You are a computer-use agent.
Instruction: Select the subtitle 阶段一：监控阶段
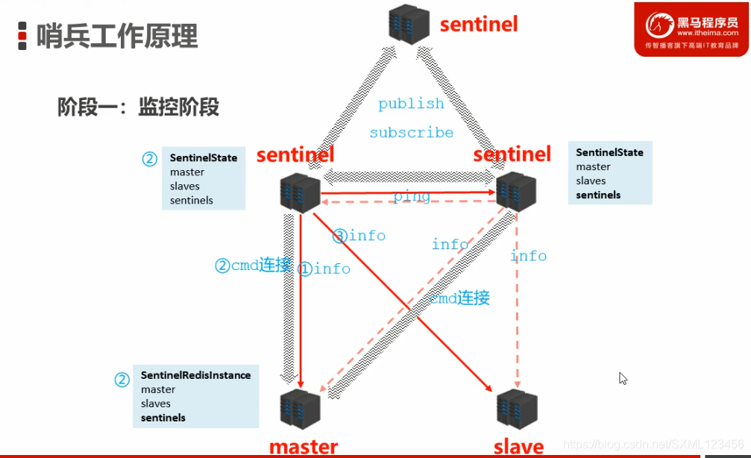pos(139,107)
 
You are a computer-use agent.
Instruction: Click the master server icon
pos(301,410)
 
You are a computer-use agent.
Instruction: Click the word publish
pos(411,104)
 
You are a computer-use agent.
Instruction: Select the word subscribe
pos(411,133)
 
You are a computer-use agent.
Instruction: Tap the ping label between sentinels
pos(412,196)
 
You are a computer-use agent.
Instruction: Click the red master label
pos(304,446)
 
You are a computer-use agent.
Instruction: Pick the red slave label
pos(518,446)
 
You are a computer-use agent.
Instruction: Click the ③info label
pos(359,236)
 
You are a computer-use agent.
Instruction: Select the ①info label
pos(324,269)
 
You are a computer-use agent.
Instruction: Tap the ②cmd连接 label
pos(253,265)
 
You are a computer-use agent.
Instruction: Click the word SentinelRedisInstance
pos(195,375)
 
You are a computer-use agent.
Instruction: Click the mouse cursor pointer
pos(623,378)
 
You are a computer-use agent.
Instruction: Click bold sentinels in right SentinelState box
pos(598,195)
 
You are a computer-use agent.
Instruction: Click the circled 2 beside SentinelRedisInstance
pos(122,380)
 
